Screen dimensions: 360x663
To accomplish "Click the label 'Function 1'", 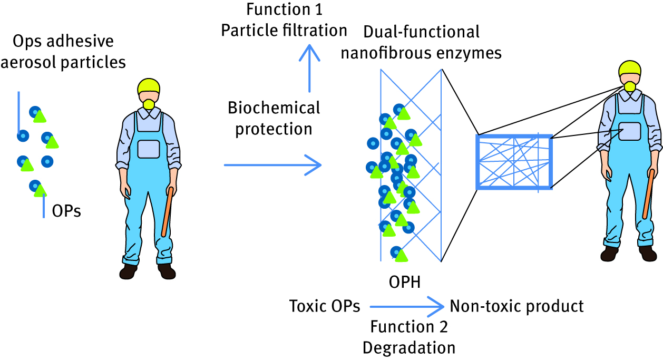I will click(x=285, y=9).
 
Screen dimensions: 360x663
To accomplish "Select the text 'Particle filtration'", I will click(x=284, y=30).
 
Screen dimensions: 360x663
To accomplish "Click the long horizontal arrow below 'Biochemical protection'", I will click(x=272, y=166).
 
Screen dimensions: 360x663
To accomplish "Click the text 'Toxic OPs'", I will click(x=325, y=306).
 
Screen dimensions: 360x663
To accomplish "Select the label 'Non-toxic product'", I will click(x=516, y=306).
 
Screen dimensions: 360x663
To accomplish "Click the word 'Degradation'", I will click(x=409, y=347).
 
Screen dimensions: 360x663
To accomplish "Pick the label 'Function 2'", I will click(x=409, y=327).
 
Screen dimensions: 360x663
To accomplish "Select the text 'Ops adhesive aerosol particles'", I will click(x=64, y=52).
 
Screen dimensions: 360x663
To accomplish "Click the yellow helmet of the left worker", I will click(x=149, y=87).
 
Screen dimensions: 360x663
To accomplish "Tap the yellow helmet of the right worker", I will click(x=629, y=70).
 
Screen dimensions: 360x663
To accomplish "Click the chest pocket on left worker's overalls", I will click(x=148, y=149).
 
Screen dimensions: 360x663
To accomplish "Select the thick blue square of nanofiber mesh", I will click(x=514, y=162).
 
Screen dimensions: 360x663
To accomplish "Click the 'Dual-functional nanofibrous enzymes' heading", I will click(x=422, y=42).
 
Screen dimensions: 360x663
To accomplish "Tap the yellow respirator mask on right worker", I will click(x=630, y=86).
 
